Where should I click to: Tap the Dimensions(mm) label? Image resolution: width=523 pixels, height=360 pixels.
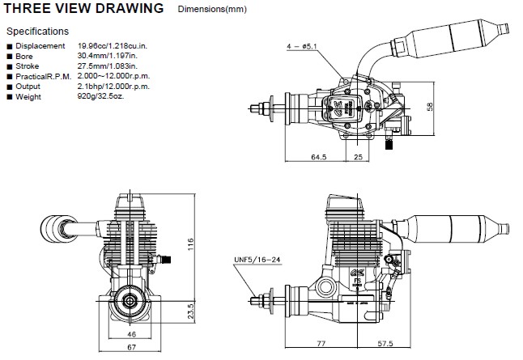point(213,11)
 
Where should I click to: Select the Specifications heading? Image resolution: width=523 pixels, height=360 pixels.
point(37,32)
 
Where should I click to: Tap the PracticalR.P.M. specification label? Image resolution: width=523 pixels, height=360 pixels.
point(41,77)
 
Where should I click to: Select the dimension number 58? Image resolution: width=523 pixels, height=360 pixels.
point(453,107)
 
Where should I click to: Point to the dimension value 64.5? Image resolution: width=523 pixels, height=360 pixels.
point(318,156)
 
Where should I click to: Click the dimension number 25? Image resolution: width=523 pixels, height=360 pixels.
point(358,156)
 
